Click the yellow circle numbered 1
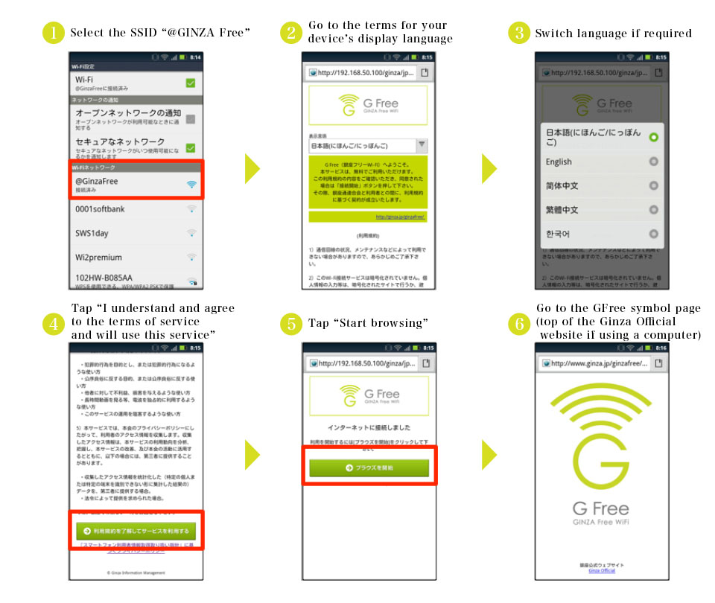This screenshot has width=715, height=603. pos(54,33)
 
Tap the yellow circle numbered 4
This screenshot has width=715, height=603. pos(54,323)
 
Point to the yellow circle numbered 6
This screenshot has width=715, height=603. pos(519,323)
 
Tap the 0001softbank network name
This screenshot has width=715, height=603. pos(100,209)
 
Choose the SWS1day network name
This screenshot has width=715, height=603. pos(92,234)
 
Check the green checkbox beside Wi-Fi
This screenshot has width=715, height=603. pos(190,83)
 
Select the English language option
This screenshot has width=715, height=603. pos(559,162)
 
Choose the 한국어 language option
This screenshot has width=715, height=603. pos(558,234)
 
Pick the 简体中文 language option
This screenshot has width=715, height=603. pos(562,186)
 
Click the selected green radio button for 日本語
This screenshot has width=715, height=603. pos(653,138)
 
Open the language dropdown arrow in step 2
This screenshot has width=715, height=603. pos(421,146)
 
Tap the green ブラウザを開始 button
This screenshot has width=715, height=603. pos(369,468)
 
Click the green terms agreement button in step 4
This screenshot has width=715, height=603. pos(135,531)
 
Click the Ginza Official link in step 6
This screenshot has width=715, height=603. pos(601,570)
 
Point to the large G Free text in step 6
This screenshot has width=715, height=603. pos(600,509)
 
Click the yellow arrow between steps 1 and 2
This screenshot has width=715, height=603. pos(252,169)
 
